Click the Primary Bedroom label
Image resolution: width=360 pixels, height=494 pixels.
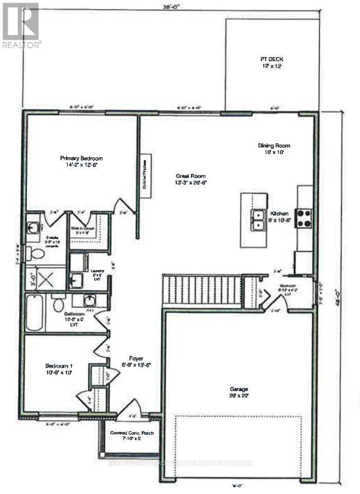pos(81,158)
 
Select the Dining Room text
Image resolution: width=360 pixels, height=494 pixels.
pos(273,145)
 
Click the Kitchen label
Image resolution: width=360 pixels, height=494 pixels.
pos(279,214)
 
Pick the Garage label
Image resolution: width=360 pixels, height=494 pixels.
pos(238,389)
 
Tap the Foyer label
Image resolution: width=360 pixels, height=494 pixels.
pos(135,358)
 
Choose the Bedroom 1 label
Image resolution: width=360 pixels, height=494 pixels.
pos(59,367)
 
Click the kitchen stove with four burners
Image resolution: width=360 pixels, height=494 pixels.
pos(303,217)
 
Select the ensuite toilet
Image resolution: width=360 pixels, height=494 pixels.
pos(38,255)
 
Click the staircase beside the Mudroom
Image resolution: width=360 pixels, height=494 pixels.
pos(202,290)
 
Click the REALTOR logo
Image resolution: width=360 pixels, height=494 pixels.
pos(21,25)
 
